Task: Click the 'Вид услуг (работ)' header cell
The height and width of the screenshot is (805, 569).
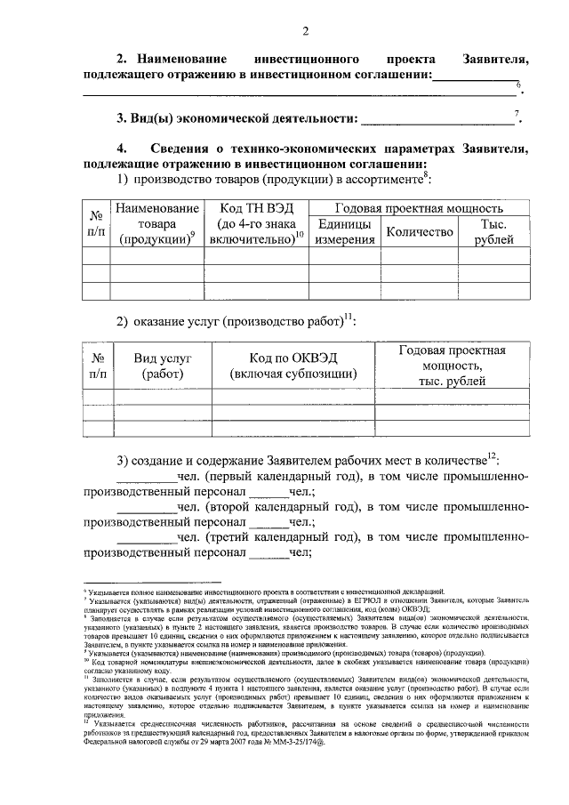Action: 163,366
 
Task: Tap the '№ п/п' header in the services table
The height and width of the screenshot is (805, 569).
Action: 98,366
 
